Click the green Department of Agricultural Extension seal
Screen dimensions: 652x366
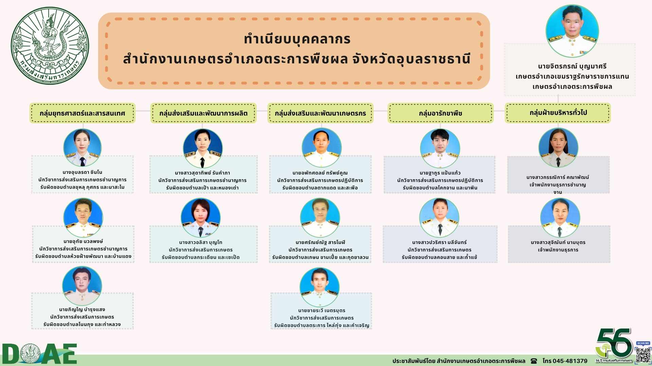click(50, 46)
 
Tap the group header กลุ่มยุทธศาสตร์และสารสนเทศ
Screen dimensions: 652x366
click(82, 113)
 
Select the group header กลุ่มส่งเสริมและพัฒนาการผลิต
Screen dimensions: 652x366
click(203, 113)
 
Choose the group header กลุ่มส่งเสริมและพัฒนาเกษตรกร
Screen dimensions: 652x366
click(320, 113)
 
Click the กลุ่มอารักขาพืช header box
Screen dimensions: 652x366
click(440, 113)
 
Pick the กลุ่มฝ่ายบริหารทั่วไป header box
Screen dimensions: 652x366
click(558, 113)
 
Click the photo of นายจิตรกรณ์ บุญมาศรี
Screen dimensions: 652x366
click(572, 31)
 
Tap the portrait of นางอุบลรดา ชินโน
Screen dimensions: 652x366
click(82, 148)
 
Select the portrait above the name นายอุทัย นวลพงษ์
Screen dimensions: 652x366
click(83, 218)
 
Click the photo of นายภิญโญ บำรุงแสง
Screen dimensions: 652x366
click(82, 286)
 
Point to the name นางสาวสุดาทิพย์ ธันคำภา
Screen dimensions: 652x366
click(202, 173)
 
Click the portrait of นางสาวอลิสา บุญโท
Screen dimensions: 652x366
click(200, 218)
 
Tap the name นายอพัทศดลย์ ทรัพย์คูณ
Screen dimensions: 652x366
click(320, 173)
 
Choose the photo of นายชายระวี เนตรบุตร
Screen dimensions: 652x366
click(320, 287)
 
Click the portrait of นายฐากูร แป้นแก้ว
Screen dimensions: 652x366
click(440, 148)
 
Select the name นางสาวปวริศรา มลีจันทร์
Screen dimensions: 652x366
click(439, 242)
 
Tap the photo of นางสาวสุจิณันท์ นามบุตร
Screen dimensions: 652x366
click(560, 218)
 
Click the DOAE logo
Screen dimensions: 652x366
click(39, 354)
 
